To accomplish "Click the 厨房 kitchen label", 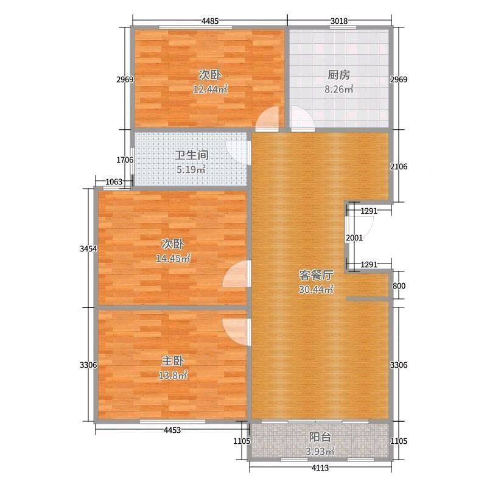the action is [x=338, y=75].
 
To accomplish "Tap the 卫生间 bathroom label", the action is [x=191, y=155].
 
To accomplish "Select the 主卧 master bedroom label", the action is [x=173, y=361].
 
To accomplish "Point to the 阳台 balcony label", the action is [x=320, y=437].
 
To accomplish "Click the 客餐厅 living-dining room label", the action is [x=316, y=275].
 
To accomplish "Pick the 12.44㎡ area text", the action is [x=210, y=89].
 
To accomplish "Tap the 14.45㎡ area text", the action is [x=173, y=258].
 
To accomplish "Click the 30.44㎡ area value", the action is [x=316, y=290].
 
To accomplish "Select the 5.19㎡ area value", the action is [x=191, y=170].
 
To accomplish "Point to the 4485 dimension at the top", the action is [x=210, y=21].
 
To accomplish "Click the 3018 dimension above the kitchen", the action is [x=339, y=21].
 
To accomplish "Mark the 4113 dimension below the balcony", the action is [x=320, y=468].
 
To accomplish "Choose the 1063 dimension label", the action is [x=114, y=181].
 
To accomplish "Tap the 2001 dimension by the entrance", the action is [x=354, y=238].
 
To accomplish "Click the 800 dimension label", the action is [x=399, y=286].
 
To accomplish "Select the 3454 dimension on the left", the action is [x=88, y=248].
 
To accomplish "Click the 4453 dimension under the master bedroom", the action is [x=172, y=430].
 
